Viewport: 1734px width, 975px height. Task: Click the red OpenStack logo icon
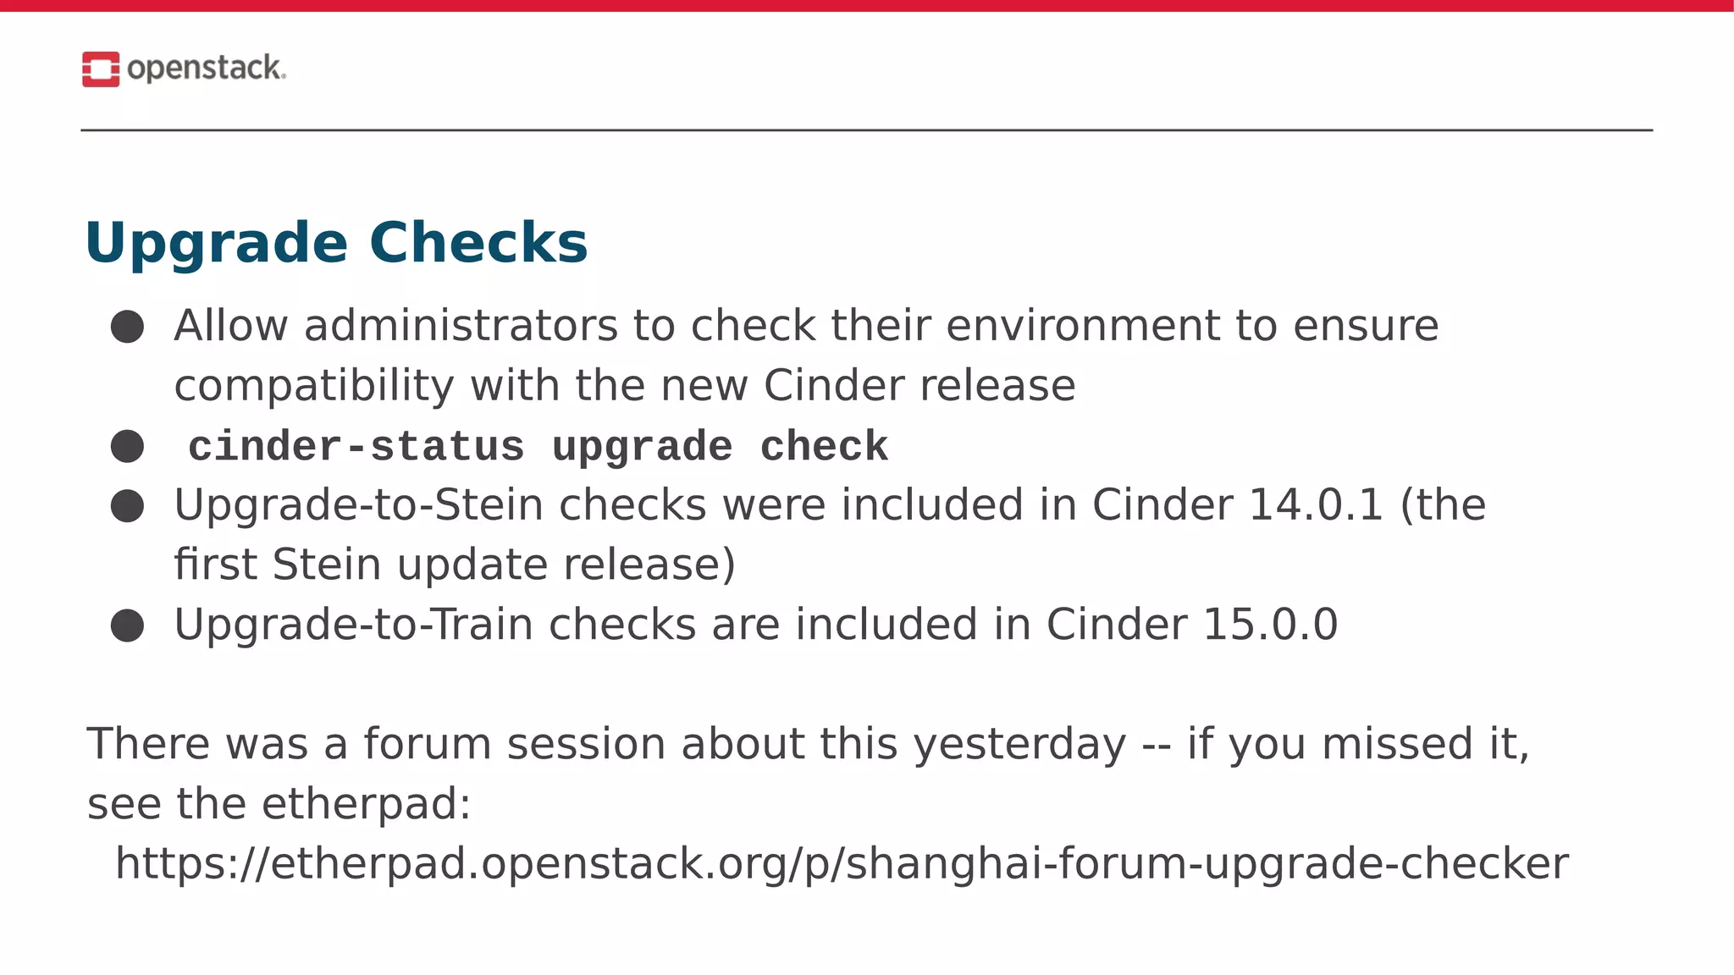pos(101,69)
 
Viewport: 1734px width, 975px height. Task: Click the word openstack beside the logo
pos(205,68)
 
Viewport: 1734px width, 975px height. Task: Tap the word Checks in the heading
pos(478,243)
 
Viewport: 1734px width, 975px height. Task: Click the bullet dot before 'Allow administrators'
pos(127,327)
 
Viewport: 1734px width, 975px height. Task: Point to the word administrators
pos(461,326)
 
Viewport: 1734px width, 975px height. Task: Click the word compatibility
pos(314,386)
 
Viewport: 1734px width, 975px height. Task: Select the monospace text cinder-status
pos(356,447)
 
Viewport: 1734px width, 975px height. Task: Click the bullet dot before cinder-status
pos(127,446)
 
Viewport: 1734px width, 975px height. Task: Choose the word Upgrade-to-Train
pos(353,625)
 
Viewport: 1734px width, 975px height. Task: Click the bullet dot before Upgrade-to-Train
pos(127,625)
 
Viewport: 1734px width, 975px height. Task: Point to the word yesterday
pos(1019,745)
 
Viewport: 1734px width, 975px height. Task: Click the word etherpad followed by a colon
pos(366,804)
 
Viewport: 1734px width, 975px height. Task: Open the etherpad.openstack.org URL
pos(842,864)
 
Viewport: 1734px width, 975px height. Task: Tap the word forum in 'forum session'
pos(428,744)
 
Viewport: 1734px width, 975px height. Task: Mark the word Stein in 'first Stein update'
pos(327,565)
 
